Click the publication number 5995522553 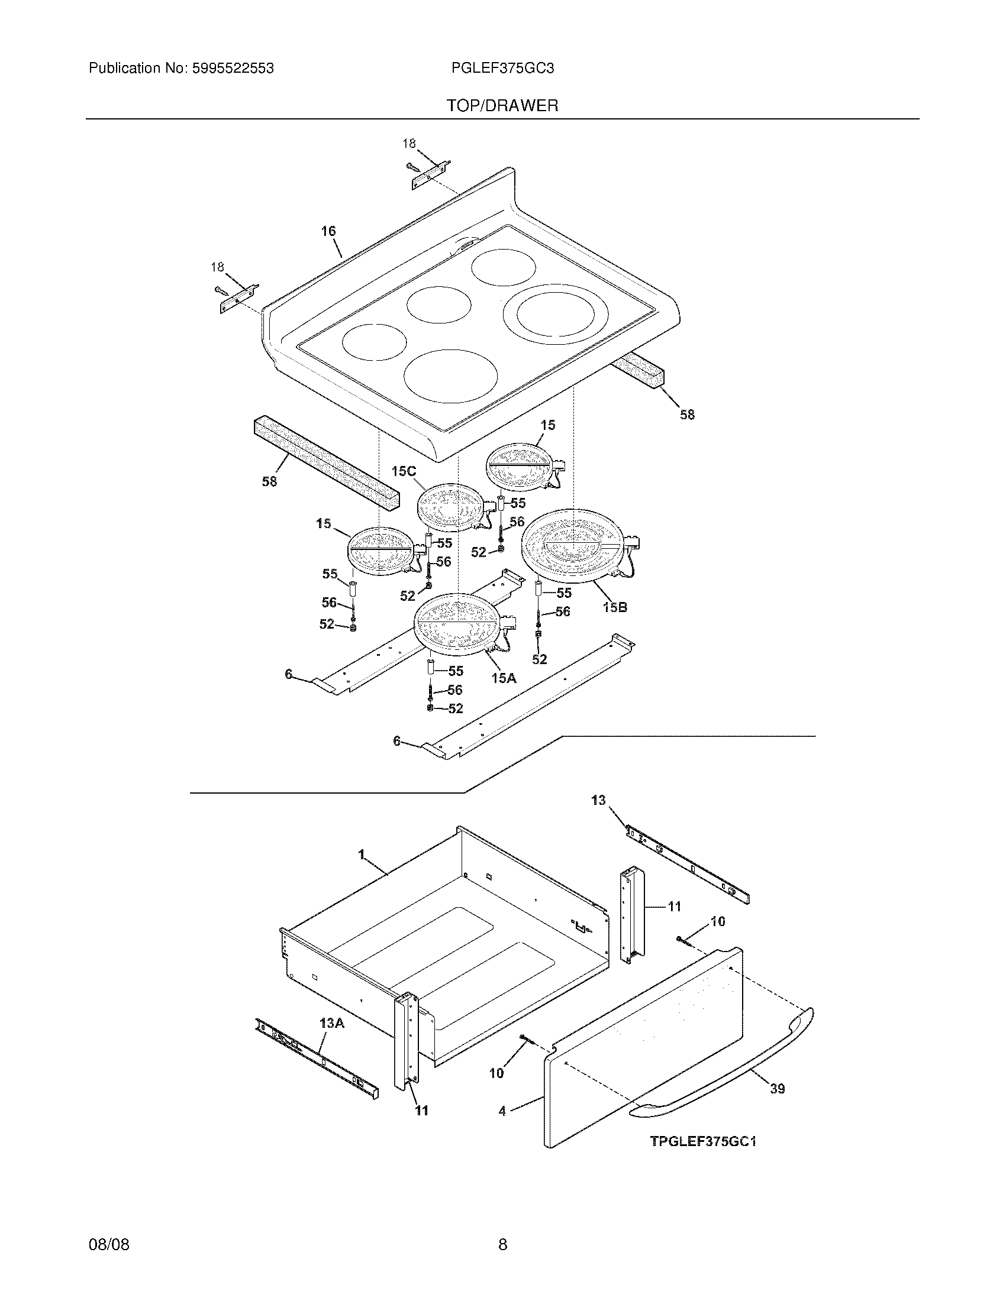(x=233, y=69)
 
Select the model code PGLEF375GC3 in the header (x=502, y=69)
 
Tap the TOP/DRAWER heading (x=502, y=106)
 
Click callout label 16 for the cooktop (x=328, y=231)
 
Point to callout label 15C (x=404, y=471)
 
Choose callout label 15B (x=614, y=607)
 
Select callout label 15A (x=504, y=678)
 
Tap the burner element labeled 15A (x=459, y=624)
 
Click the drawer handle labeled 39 (x=727, y=1060)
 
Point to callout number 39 (x=777, y=1089)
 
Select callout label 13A (x=331, y=1024)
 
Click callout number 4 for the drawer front (x=502, y=1111)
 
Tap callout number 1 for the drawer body (x=361, y=855)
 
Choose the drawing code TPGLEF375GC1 (x=703, y=1141)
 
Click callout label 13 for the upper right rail (x=598, y=800)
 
